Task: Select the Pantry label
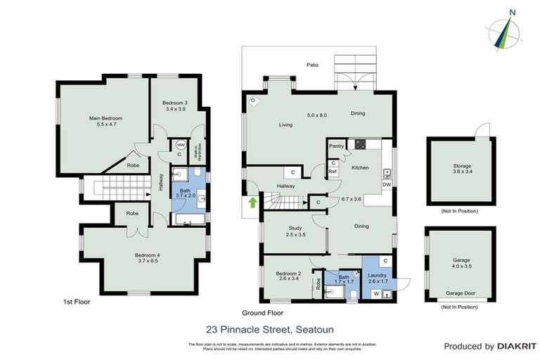[336, 146]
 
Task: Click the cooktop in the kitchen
[361, 145]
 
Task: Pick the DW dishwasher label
[386, 185]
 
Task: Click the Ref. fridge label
[333, 171]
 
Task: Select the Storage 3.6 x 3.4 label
[461, 170]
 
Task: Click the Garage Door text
[461, 293]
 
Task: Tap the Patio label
[312, 65]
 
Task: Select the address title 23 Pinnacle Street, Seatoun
[269, 328]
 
